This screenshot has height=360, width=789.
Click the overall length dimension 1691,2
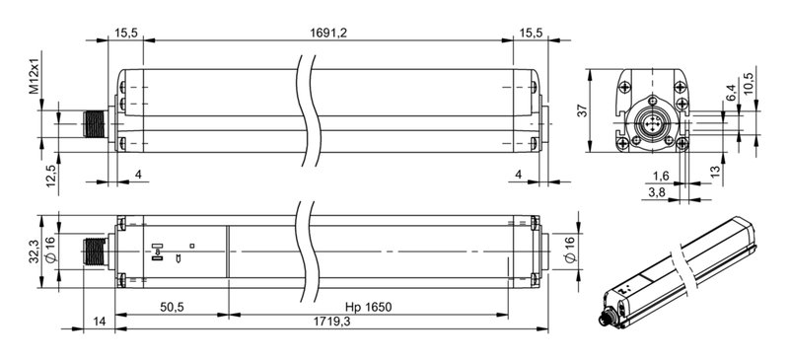tap(328, 33)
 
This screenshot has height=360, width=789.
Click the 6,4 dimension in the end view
tap(730, 95)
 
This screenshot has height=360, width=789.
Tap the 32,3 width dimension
tap(34, 252)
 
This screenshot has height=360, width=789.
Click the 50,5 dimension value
tap(172, 308)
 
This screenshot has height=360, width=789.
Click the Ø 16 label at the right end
tap(568, 252)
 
